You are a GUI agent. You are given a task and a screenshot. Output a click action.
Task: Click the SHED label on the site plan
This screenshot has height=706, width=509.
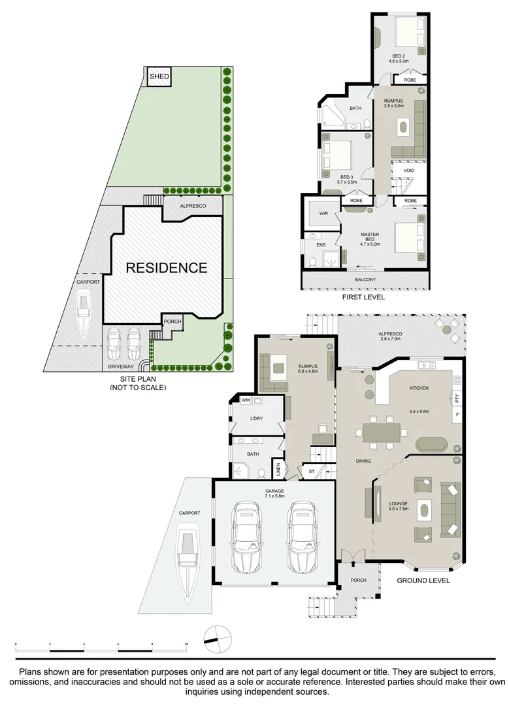159,77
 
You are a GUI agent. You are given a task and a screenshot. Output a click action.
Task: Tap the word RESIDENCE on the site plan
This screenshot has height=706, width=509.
167,267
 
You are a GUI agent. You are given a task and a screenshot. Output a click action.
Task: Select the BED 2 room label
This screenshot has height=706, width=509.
398,58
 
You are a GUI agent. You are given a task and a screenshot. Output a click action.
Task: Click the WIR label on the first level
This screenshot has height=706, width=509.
323,213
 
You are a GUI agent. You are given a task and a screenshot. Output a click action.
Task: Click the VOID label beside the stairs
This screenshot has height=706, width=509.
409,170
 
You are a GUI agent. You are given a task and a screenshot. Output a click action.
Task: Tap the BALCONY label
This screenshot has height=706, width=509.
365,280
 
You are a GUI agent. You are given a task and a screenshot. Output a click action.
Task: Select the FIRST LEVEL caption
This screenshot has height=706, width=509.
363,297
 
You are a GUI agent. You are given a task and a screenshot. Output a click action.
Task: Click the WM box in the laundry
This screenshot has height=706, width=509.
246,400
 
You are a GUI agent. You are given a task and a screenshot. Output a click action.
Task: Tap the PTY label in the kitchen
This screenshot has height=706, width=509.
457,398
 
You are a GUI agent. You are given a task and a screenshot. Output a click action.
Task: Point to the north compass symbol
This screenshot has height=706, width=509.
217,637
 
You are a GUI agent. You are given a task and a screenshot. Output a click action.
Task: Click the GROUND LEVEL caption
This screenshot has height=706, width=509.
423,580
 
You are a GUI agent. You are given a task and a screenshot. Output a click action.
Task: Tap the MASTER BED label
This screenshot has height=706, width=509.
370,238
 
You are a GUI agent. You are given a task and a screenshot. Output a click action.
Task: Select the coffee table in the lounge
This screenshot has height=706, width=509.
425,510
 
